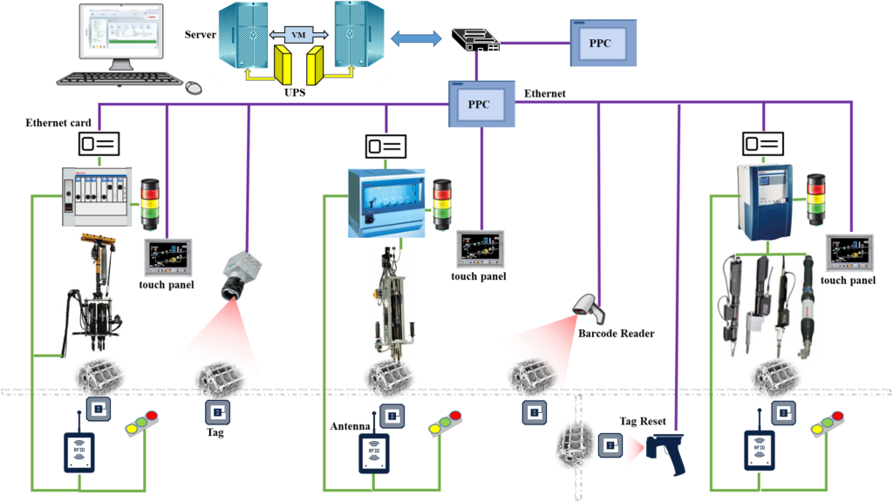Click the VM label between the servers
point(298,33)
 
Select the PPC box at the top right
point(601,42)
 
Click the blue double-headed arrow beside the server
point(417,38)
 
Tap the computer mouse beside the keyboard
point(194,87)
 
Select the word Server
point(200,34)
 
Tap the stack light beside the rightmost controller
point(817,198)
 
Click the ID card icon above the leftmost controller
point(99,143)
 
